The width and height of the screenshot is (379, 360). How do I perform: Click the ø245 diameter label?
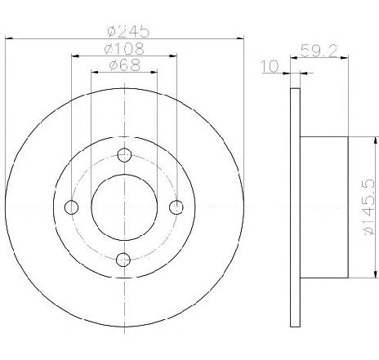(128, 31)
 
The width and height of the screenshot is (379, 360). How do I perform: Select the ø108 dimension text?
(124, 49)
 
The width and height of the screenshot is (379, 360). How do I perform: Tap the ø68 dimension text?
(125, 65)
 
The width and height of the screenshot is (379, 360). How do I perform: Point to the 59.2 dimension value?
(319, 51)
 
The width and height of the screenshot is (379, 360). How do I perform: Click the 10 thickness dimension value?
(270, 66)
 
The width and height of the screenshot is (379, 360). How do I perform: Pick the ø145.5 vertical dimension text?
(369, 207)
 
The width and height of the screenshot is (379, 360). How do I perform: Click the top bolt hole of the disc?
(124, 155)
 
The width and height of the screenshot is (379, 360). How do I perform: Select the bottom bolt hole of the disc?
(123, 260)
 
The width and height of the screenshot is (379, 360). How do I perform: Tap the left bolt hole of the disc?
(71, 207)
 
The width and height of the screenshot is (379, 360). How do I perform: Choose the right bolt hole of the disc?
(176, 207)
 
